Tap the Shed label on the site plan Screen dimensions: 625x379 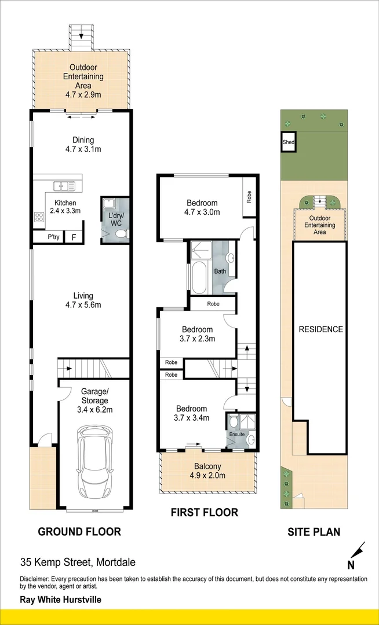[288, 142]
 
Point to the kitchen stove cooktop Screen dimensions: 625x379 [40, 218]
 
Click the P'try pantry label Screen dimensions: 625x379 [53, 237]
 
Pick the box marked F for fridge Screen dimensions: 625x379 [74, 237]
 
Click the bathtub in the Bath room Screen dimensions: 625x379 [198, 278]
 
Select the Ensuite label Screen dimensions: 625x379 [236, 434]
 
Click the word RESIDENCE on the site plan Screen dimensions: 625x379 [320, 329]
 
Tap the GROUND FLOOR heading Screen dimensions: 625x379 [79, 531]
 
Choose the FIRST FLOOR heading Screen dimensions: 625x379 [204, 512]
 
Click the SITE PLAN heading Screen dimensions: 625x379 [314, 531]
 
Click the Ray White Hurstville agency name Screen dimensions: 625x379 [60, 600]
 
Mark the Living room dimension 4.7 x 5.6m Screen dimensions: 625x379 [80, 305]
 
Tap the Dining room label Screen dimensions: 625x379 [83, 140]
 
